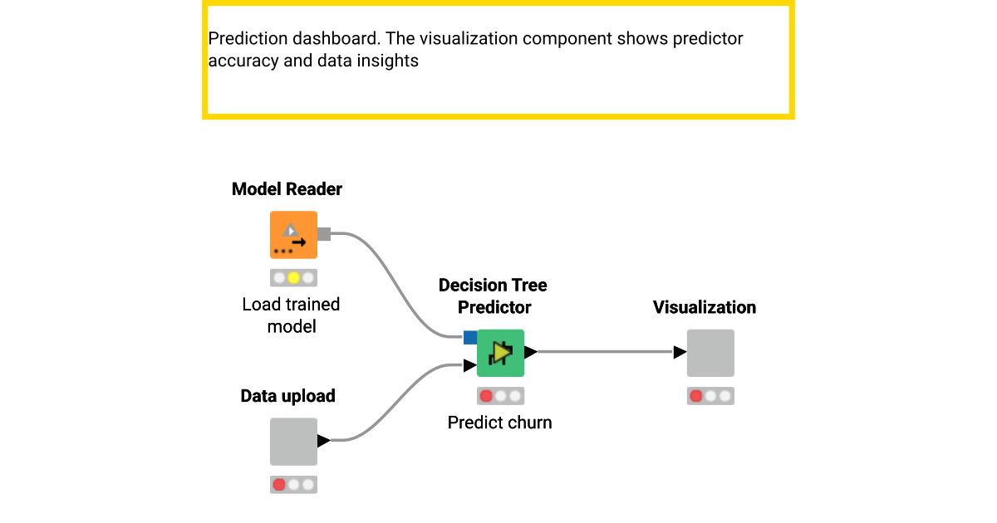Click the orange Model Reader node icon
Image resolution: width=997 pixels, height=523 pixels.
(x=293, y=235)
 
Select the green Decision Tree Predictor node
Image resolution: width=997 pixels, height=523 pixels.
(x=500, y=353)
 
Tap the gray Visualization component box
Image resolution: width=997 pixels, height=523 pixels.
(x=710, y=353)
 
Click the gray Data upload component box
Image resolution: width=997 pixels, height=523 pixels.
(x=293, y=441)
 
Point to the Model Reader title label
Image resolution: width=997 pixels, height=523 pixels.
(x=287, y=189)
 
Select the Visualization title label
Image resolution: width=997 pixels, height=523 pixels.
(x=704, y=307)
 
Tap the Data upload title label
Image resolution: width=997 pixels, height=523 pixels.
(x=287, y=396)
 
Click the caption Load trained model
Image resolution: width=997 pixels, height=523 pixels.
(x=291, y=315)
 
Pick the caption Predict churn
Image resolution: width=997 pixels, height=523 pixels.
(x=499, y=423)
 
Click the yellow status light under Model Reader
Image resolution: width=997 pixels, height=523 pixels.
(x=293, y=277)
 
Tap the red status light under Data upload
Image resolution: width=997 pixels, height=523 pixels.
(x=279, y=484)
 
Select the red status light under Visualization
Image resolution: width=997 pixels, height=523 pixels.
(x=696, y=396)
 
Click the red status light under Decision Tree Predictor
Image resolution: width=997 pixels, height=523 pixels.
(x=486, y=396)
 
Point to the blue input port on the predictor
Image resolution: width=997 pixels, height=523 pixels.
(x=470, y=337)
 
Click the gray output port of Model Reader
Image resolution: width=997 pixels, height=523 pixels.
(x=324, y=235)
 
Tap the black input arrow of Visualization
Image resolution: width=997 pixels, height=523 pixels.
(x=680, y=352)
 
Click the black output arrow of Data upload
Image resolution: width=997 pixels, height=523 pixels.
(x=323, y=441)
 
